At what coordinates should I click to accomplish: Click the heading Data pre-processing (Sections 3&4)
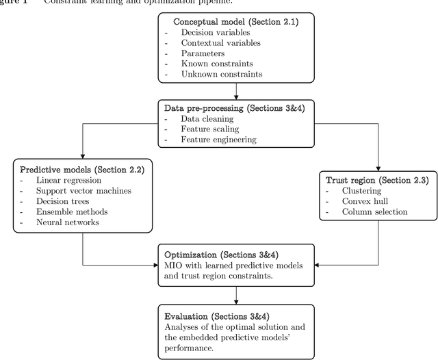(x=235, y=107)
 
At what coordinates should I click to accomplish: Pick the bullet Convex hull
(x=370, y=202)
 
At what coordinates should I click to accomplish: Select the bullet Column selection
(x=379, y=212)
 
